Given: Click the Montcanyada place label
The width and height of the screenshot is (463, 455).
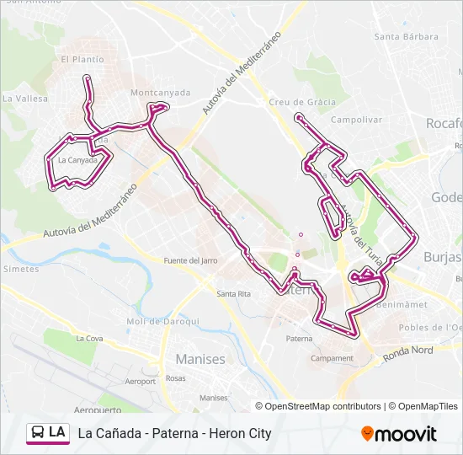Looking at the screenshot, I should click(160, 93).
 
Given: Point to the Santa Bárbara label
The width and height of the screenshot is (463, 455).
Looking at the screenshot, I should click(407, 36).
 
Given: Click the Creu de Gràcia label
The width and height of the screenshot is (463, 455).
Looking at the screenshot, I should click(302, 102).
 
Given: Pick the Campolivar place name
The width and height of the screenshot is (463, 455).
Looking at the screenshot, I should click(357, 120).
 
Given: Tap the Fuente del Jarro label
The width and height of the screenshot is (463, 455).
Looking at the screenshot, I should click(190, 260).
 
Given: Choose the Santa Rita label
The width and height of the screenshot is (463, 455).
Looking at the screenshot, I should click(233, 293).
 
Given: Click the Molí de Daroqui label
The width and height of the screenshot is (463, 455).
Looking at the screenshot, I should click(162, 321).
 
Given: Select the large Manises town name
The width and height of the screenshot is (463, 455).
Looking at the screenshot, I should click(200, 359).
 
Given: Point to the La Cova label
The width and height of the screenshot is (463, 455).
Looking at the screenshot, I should click(88, 339).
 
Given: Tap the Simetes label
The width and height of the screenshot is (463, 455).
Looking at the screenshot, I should click(21, 269).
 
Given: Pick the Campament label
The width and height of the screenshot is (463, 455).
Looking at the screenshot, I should click(333, 358).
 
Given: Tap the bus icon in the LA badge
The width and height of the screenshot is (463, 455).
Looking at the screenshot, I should click(39, 433).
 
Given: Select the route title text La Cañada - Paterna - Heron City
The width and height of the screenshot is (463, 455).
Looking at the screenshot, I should click(174, 433).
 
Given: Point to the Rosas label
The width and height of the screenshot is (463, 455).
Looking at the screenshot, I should click(175, 378).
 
